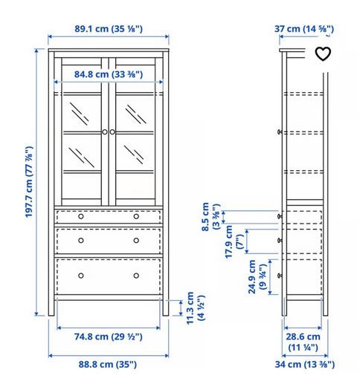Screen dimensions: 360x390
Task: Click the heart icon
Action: click(x=323, y=53)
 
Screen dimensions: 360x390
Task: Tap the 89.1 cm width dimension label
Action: click(x=109, y=29)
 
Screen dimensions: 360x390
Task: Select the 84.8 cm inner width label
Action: click(x=109, y=74)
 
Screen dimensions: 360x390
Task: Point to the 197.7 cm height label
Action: click(x=29, y=182)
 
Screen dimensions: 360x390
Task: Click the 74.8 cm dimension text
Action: click(x=109, y=337)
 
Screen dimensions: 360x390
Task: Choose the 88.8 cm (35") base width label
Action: click(x=108, y=365)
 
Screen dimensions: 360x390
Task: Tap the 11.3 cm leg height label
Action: click(x=195, y=308)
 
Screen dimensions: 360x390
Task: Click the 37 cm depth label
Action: click(x=304, y=29)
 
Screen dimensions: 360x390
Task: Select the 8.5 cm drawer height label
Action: click(x=210, y=217)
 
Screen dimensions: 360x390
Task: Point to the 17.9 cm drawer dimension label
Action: click(x=234, y=241)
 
